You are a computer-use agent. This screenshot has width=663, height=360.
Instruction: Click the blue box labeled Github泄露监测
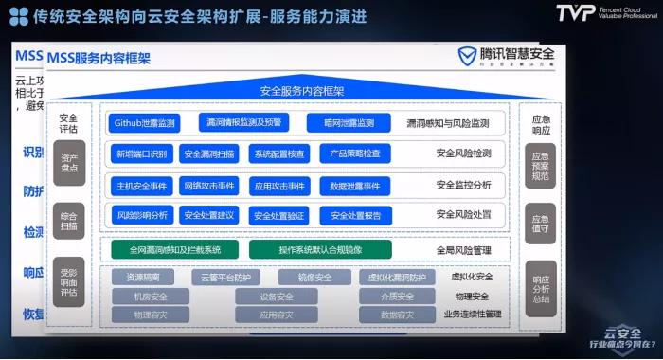point(145,123)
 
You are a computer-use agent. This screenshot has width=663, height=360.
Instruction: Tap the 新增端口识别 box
point(141,153)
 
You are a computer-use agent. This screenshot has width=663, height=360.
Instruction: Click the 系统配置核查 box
point(279,153)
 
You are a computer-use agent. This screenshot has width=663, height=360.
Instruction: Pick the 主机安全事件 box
point(140,186)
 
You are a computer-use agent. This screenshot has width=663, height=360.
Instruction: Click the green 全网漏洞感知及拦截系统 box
point(173,249)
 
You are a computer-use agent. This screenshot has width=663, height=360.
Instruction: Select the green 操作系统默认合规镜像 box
point(320,249)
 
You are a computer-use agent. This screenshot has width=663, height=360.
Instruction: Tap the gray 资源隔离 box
point(143,278)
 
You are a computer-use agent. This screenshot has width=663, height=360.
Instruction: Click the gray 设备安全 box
point(276,297)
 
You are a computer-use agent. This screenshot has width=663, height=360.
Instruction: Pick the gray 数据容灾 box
point(399,315)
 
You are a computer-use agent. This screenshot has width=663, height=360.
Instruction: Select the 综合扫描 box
point(69,220)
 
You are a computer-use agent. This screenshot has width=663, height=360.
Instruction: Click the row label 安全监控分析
point(463,186)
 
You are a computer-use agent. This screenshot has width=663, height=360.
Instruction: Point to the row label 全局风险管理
point(463,250)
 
